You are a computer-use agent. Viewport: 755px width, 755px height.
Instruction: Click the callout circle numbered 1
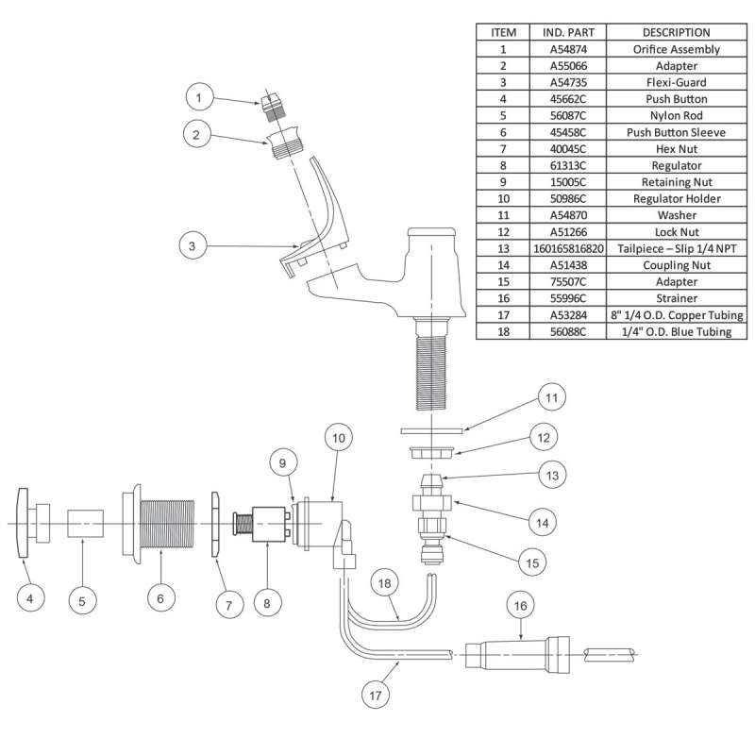pyautogui.click(x=199, y=95)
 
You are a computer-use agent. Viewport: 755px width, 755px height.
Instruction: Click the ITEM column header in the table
pyautogui.click(x=504, y=32)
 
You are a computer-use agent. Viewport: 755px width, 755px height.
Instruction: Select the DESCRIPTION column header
pyautogui.click(x=675, y=32)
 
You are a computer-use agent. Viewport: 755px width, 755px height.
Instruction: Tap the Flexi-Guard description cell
pyautogui.click(x=675, y=82)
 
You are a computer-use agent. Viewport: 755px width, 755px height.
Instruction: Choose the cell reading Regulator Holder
pyautogui.click(x=675, y=198)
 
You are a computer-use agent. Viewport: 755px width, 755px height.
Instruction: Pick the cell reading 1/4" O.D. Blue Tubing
pyautogui.click(x=675, y=331)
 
